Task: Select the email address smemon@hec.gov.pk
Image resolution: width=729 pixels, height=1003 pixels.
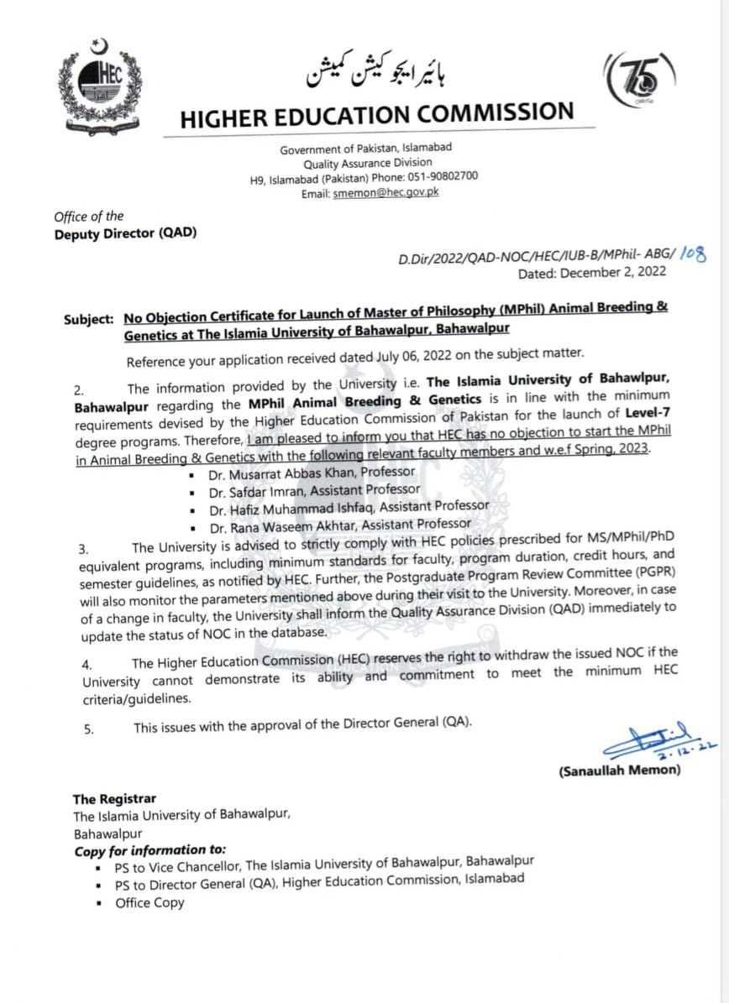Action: point(385,192)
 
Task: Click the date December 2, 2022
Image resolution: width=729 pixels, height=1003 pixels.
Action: point(614,272)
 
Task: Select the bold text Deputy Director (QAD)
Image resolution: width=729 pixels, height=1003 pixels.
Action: point(126,233)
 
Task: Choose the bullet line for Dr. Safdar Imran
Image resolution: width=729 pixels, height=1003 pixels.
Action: point(315,489)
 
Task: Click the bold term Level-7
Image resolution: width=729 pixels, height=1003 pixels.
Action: point(648,413)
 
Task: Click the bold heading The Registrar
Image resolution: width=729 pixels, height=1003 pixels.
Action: point(114,799)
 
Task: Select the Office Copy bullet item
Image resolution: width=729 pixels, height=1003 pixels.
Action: point(149,903)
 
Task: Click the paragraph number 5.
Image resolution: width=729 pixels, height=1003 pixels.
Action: point(88,729)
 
